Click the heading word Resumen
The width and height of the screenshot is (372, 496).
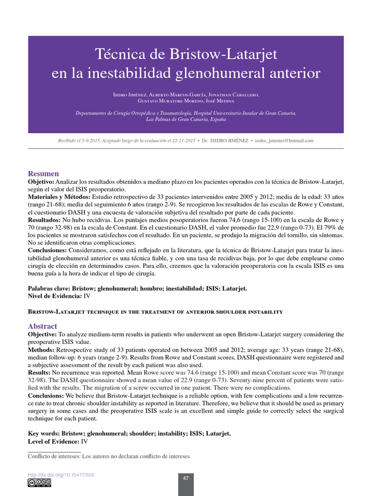click(43, 173)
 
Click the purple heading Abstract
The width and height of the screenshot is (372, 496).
click(42, 326)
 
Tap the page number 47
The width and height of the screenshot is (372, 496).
click(186, 479)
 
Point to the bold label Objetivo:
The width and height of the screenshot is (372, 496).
click(43, 181)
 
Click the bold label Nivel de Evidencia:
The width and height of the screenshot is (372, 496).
click(55, 296)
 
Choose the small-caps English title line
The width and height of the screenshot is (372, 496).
click(155, 312)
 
